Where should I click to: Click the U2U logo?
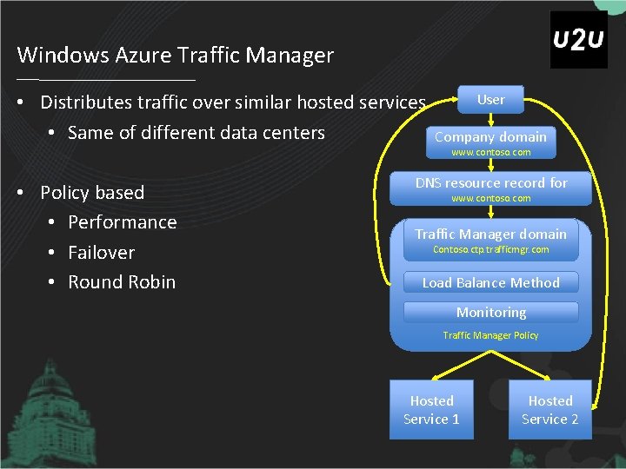click(578, 40)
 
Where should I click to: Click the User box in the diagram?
click(490, 100)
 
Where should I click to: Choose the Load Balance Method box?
click(490, 282)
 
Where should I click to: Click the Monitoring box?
click(491, 312)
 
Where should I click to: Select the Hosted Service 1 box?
click(431, 409)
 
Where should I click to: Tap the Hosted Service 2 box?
click(549, 409)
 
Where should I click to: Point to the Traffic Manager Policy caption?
click(490, 335)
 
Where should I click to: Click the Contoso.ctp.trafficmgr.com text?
click(490, 250)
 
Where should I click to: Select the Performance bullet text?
click(122, 222)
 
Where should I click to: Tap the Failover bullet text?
click(101, 253)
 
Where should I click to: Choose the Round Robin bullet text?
click(122, 282)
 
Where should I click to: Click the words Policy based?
click(92, 192)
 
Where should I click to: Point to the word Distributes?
click(88, 102)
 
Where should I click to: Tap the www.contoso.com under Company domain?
click(490, 152)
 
